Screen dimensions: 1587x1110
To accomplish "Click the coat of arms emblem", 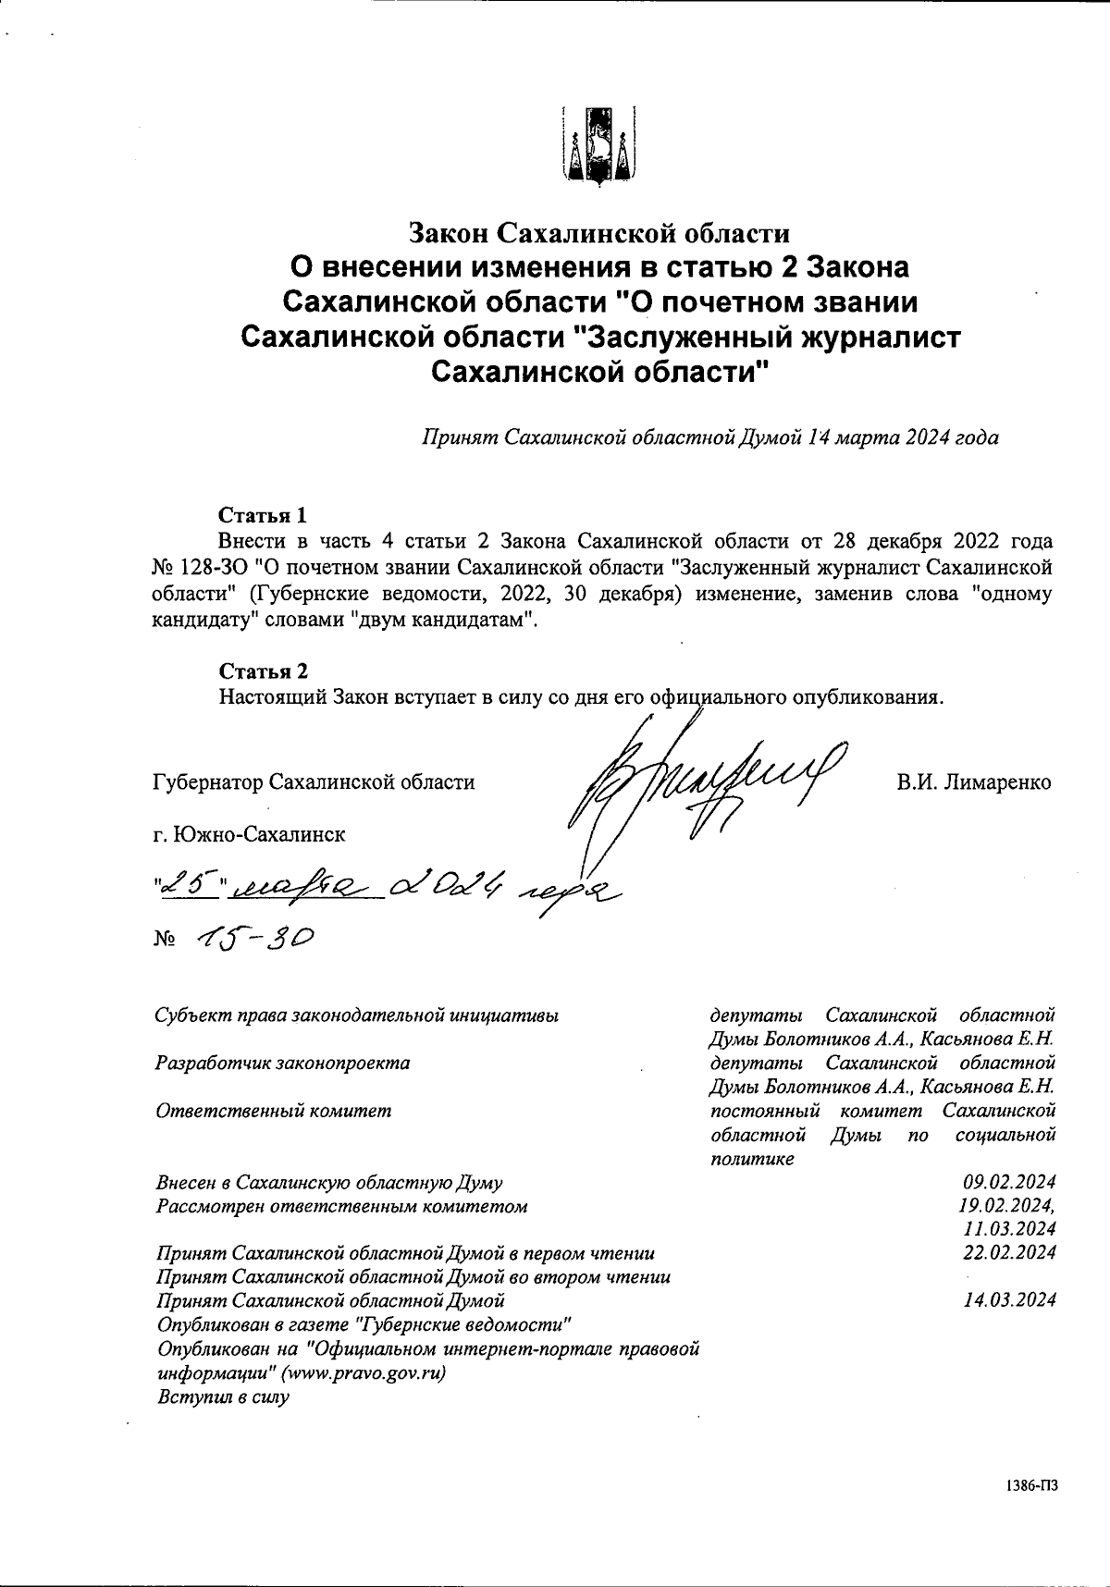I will coord(598,146).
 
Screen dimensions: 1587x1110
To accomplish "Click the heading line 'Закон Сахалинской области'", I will coord(599,232).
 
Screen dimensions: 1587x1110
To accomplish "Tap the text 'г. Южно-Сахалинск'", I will coord(249,834).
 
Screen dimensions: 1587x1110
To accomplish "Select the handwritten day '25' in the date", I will coord(189,885).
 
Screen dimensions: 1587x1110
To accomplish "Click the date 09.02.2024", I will coord(1009,1182).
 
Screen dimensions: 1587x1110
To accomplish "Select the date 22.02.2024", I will coord(1009,1253).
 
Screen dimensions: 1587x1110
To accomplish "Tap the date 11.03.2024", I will coord(1009,1229).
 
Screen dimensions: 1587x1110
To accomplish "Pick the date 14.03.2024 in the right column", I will coord(1009,1300).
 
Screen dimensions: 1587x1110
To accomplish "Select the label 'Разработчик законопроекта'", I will coord(283,1063).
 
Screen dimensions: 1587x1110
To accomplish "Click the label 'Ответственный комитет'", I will coord(274,1111).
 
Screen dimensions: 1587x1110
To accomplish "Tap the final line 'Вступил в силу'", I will coord(222,1396).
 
